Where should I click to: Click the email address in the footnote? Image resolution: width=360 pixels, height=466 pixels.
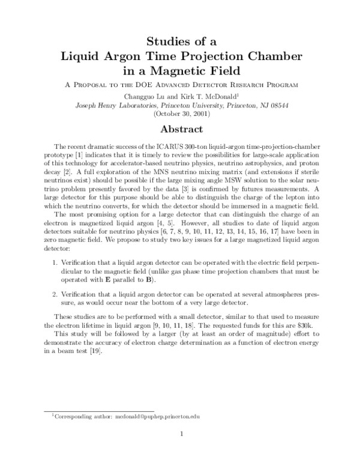[x=157, y=416]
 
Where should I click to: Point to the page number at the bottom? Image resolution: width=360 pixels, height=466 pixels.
[x=180, y=434]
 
